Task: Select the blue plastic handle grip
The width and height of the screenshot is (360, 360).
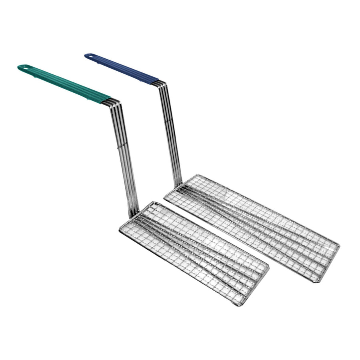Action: coord(122,68)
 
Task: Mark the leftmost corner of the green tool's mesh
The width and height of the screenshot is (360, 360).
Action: coord(120,230)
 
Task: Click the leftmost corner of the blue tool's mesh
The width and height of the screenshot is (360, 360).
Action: coord(165,196)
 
